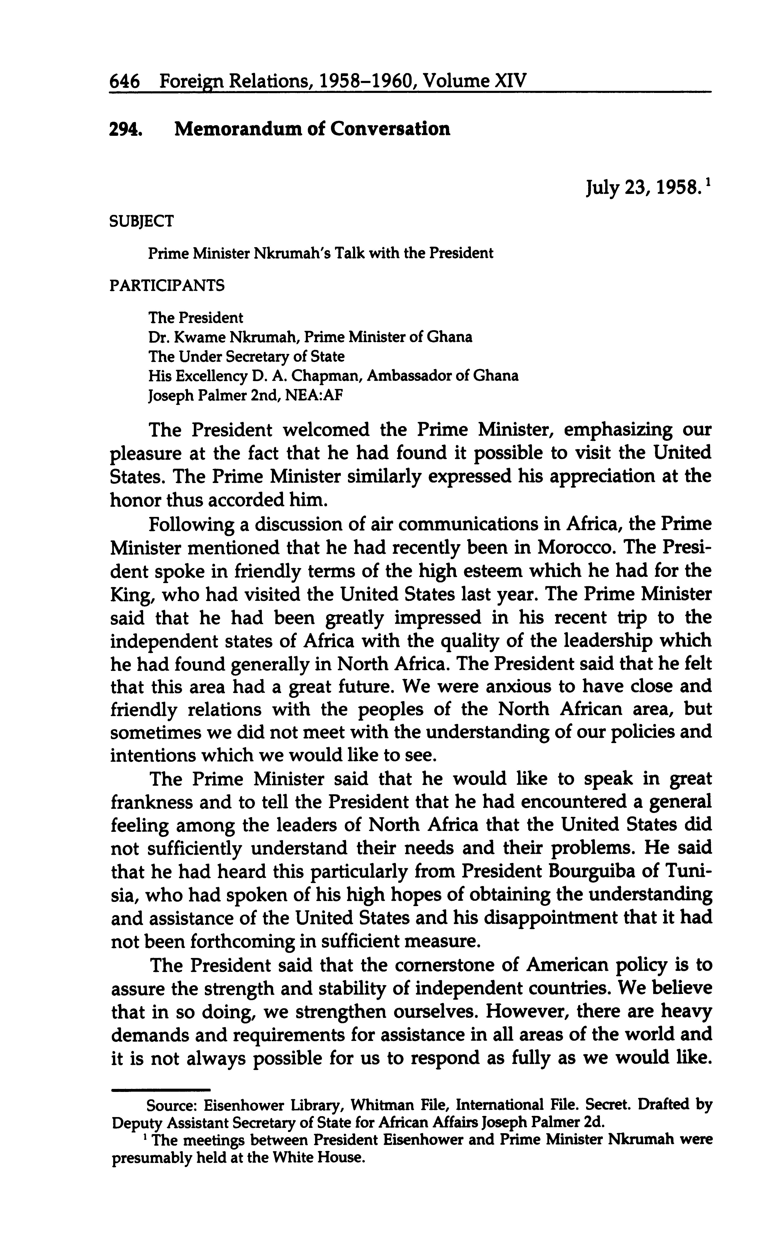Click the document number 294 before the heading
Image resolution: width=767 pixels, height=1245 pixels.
(124, 129)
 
